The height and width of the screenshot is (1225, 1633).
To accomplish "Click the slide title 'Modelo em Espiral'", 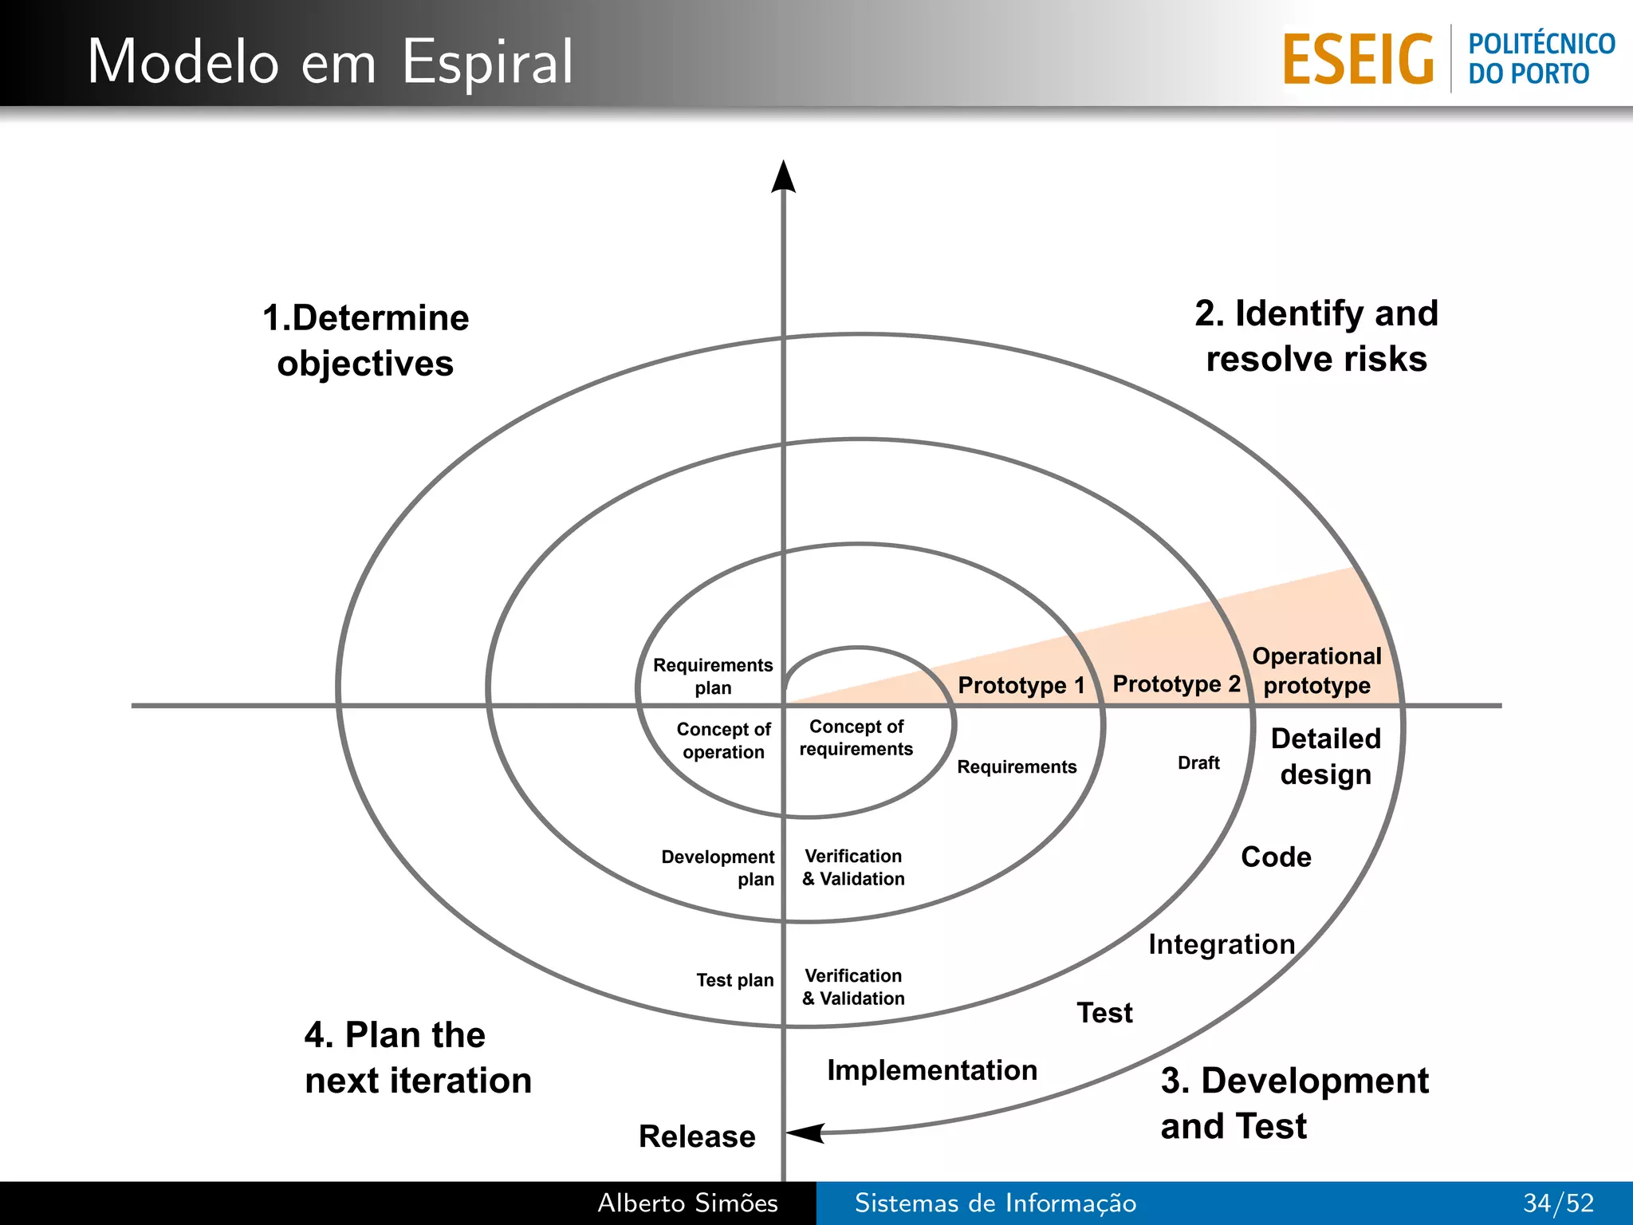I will point(330,61).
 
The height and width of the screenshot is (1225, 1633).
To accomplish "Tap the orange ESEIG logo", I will point(1358,60).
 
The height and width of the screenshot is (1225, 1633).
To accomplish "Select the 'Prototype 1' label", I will point(1021,685).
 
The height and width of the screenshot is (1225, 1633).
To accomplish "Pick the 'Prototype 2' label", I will point(1176,683).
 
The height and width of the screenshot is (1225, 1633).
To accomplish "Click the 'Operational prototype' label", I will point(1316,671).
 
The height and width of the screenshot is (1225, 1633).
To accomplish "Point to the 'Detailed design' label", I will point(1325,756).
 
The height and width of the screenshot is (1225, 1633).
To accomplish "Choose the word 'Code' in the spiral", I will point(1276,857).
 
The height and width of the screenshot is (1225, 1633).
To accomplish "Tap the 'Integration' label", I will point(1222,944).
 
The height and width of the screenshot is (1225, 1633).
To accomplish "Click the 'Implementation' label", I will point(932,1070).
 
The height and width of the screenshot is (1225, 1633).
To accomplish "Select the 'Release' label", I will point(697,1136).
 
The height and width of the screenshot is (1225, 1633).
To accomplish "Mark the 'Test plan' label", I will point(734,980).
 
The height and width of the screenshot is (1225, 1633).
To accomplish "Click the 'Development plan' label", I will point(718,868).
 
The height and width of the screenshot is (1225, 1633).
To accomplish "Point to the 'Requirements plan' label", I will point(713,676).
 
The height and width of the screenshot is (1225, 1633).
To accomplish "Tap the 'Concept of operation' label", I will point(723,740).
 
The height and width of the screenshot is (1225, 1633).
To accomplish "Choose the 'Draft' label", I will point(1198,763).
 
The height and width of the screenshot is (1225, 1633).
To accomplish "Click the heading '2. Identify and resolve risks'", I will point(1316,336).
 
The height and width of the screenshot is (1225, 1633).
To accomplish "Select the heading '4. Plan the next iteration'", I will point(418,1058).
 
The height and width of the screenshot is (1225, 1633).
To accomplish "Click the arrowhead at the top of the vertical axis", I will point(783,176).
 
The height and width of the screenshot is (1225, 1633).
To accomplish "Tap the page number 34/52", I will point(1558,1203).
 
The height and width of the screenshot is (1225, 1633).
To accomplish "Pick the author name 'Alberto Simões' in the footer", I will point(687,1203).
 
